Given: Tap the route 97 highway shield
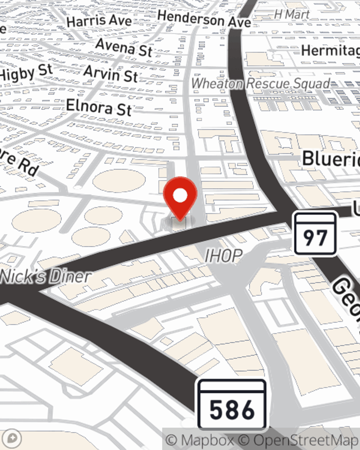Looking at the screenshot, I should [x=315, y=234].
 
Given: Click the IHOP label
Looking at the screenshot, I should [x=223, y=256].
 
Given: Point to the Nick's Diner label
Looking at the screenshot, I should [x=45, y=276].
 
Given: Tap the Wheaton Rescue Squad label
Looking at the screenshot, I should [x=261, y=84].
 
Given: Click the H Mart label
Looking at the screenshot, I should [x=292, y=14].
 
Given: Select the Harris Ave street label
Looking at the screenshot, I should [x=99, y=21].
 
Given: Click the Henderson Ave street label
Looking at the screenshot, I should [x=204, y=19].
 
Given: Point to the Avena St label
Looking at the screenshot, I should [x=124, y=47].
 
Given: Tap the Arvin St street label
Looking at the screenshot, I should [x=111, y=74].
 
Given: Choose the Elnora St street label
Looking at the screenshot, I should [x=99, y=107].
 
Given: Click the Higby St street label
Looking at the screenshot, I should [x=26, y=73].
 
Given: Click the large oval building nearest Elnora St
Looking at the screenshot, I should [x=119, y=180].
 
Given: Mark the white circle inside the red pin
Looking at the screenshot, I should [x=180, y=195].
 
